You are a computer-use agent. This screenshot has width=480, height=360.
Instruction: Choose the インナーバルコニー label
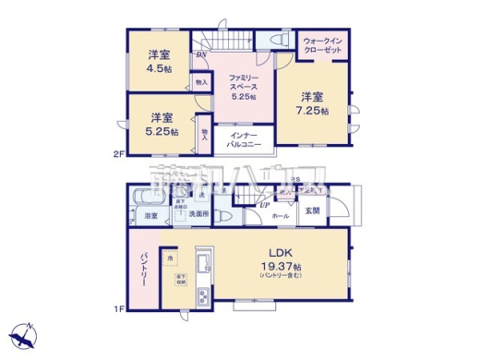244,140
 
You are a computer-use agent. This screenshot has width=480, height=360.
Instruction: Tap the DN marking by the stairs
200,55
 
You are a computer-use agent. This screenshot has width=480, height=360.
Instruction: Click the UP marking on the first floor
266,204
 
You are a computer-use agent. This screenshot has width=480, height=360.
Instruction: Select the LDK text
281,251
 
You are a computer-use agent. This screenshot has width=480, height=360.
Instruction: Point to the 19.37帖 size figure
281,266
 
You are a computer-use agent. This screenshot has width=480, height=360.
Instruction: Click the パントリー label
144,269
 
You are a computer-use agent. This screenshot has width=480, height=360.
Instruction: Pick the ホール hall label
280,216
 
